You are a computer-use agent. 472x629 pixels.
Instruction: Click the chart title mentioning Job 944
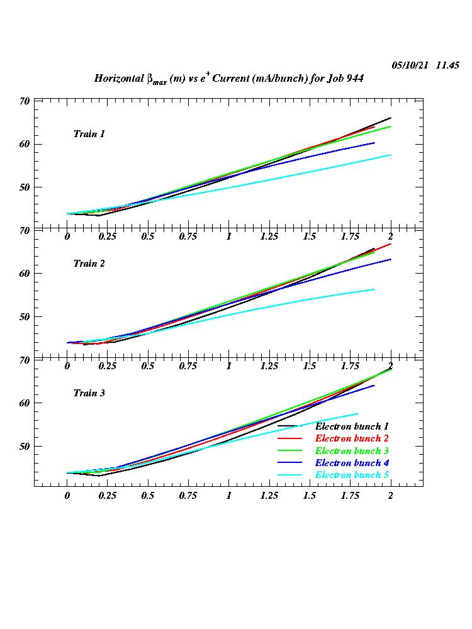(x=228, y=79)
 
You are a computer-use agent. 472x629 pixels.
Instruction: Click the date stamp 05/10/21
(x=410, y=65)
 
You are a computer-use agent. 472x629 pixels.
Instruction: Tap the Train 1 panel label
(x=89, y=134)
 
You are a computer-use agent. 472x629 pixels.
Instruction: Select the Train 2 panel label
(x=89, y=264)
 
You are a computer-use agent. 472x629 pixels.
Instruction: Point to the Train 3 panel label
(x=89, y=393)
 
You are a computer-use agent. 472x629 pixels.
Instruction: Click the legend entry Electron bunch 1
(x=351, y=427)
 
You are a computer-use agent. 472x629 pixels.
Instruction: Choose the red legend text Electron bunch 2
(x=351, y=438)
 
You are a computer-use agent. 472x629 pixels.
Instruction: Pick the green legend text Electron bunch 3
(x=351, y=451)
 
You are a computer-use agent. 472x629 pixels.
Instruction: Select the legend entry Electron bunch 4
(x=351, y=463)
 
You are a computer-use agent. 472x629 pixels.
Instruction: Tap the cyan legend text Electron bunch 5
(x=351, y=475)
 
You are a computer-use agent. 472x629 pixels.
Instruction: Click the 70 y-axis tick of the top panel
(x=25, y=101)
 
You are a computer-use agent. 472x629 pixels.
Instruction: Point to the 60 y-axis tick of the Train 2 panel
(x=25, y=274)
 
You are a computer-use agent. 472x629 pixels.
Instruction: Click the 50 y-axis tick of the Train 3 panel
(x=25, y=447)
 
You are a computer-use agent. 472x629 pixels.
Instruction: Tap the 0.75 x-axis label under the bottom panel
(x=188, y=496)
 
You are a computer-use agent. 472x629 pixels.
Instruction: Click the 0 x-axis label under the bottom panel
(x=67, y=496)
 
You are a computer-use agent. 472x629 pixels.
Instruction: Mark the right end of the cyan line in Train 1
(x=391, y=155)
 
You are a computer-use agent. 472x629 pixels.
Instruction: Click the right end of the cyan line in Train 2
(x=374, y=289)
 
